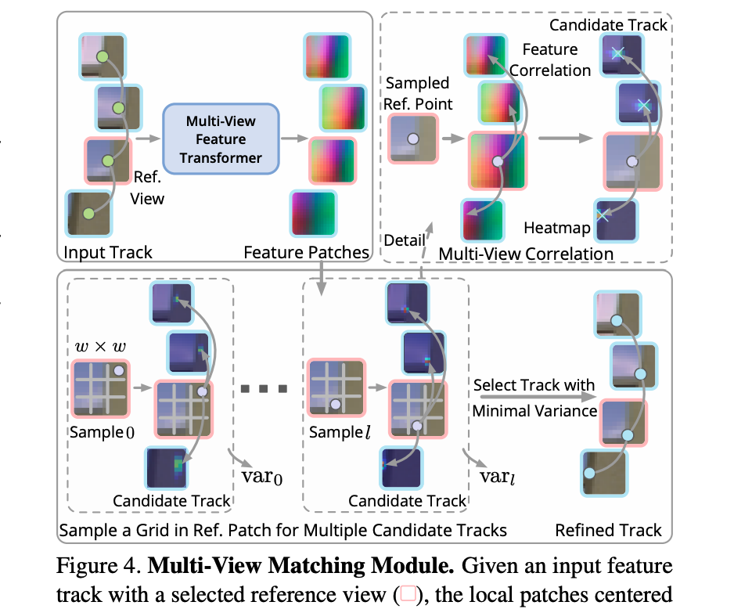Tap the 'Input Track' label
(x=107, y=252)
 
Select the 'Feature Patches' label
(x=306, y=252)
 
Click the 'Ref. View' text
(x=148, y=188)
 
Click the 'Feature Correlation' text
(x=551, y=59)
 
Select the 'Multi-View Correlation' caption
(x=526, y=254)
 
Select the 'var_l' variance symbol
(x=495, y=477)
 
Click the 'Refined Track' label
(x=608, y=530)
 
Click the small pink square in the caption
(x=408, y=593)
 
